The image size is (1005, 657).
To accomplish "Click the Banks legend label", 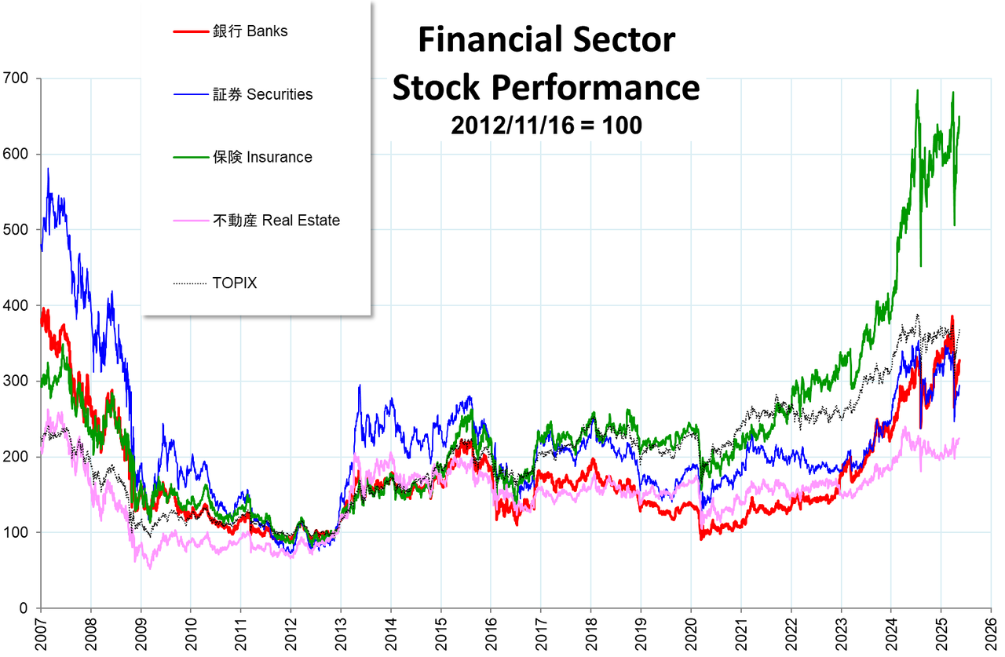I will click(250, 32).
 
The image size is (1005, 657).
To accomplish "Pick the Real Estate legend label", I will click(276, 221).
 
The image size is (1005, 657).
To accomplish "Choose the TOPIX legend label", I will click(234, 283).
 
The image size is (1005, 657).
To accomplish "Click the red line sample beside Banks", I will click(189, 32).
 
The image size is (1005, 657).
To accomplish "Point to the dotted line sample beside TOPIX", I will click(189, 283).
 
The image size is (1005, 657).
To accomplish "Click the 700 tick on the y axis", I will click(15, 78).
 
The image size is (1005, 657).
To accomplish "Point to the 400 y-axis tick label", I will click(15, 305).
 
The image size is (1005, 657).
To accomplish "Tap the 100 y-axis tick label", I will click(15, 533).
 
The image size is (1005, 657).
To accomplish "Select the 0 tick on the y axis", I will click(24, 608).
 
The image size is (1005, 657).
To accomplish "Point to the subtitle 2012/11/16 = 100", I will click(546, 126).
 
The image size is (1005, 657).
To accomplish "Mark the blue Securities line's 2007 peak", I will click(48, 169).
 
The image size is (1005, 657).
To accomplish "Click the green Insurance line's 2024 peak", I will click(917, 91).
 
